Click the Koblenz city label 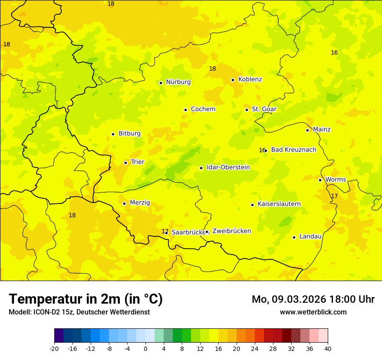point(250,79)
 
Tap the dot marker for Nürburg point(161,83)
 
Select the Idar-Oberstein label point(228,167)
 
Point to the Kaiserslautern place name point(279,204)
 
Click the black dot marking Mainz point(307,130)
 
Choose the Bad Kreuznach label point(293,150)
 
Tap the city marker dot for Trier point(125,163)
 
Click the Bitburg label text point(129,134)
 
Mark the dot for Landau point(294,237)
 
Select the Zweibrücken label point(231,231)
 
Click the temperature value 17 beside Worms point(334,196)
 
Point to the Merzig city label point(140,203)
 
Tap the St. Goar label point(264,109)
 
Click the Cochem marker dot point(185,110)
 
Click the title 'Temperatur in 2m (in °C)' point(86,299)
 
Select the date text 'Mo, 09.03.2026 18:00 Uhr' point(313,299)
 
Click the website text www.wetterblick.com point(313,312)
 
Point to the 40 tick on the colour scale point(327,348)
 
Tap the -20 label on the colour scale point(54,348)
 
